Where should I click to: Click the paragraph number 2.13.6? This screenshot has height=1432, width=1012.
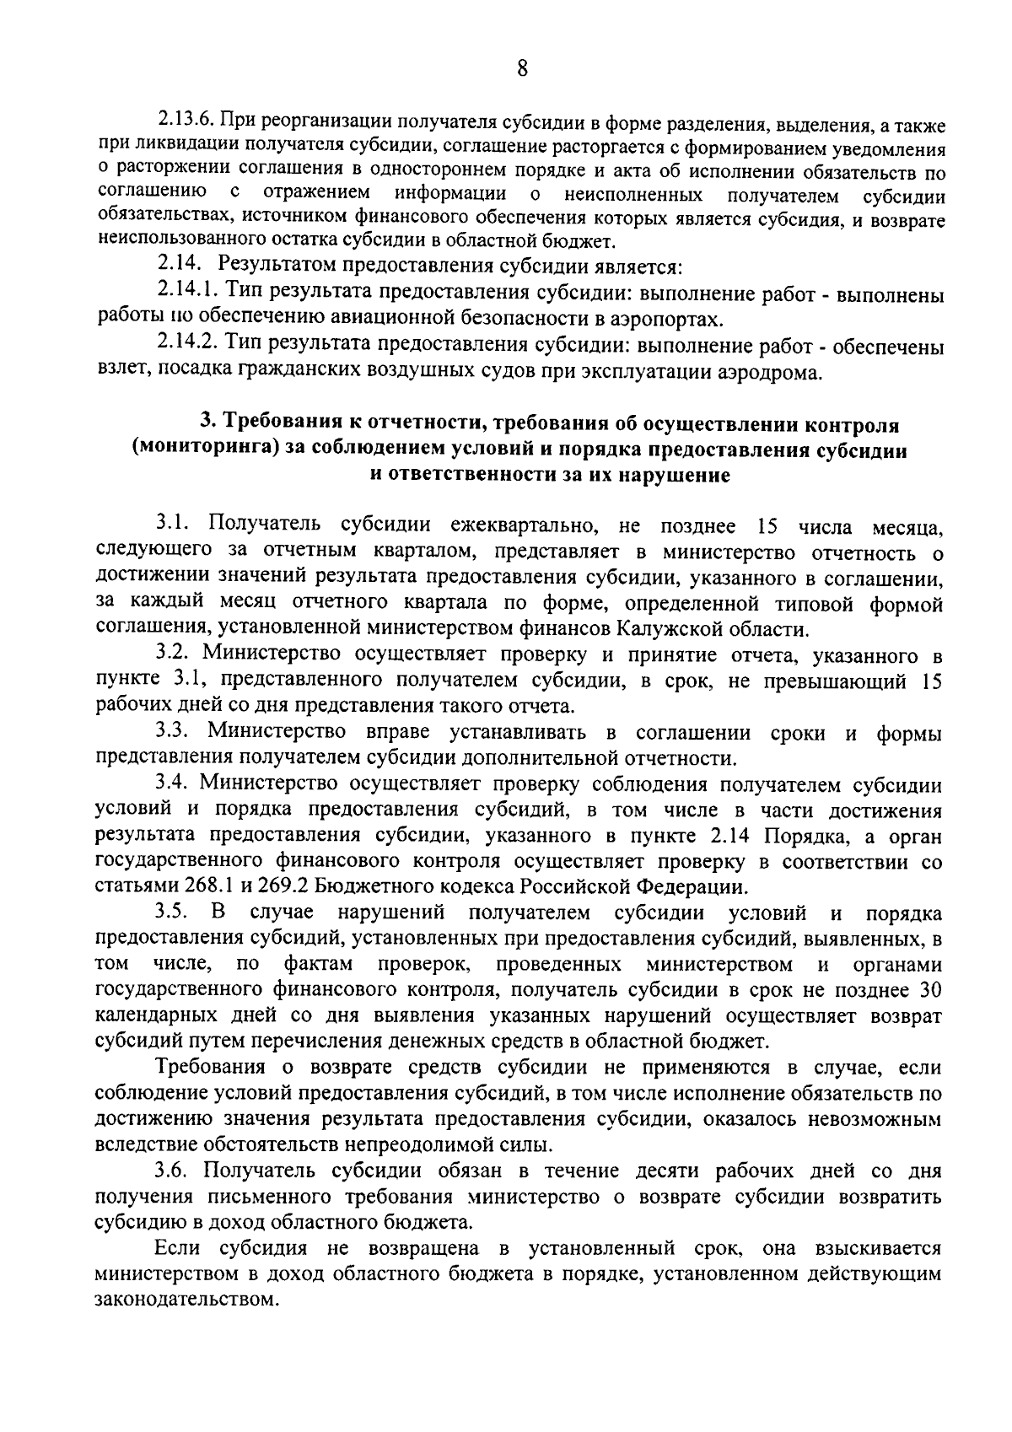click(185, 125)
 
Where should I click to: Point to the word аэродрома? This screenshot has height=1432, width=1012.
click(768, 373)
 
